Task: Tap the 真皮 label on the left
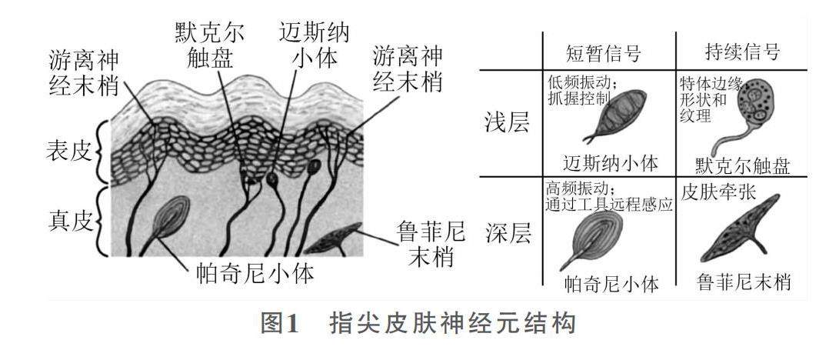tap(67, 222)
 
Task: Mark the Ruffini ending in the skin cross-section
tap(335, 238)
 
